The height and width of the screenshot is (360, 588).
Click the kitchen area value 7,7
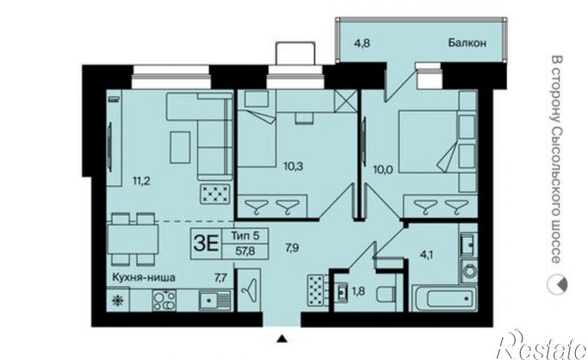[x=220, y=277]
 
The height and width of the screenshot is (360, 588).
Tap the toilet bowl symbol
[x=386, y=291]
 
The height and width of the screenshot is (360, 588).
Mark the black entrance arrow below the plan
[x=281, y=338]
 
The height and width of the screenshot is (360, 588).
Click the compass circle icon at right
[x=556, y=282]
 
